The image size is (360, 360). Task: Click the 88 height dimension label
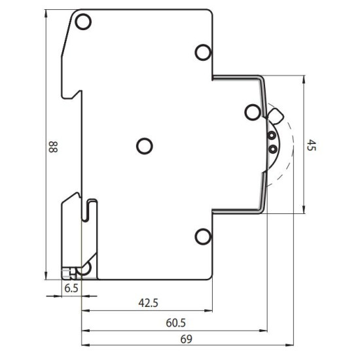(x=53, y=147)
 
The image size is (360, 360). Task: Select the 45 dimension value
(x=312, y=145)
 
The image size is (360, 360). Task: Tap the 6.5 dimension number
(x=71, y=289)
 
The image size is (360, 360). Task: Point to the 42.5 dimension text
(x=149, y=303)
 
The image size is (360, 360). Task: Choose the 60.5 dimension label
(x=176, y=323)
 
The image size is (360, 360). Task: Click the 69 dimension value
(x=186, y=339)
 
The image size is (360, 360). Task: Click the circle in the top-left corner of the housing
(x=83, y=22)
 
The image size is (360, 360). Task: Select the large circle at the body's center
(x=145, y=146)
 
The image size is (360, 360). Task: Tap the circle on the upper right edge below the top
(x=203, y=52)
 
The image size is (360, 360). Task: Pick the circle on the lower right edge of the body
(x=203, y=236)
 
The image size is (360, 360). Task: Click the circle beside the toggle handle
(x=253, y=113)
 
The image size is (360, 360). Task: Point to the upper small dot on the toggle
(x=272, y=135)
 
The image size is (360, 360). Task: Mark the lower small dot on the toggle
(x=273, y=149)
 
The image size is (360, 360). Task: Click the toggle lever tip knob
(x=276, y=116)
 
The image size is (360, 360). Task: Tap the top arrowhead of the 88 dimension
(x=46, y=13)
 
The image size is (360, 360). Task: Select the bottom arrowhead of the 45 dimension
(x=304, y=209)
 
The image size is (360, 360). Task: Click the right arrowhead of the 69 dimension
(x=289, y=345)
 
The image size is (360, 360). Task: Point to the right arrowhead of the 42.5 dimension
(x=208, y=311)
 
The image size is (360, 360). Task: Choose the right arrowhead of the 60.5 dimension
(x=263, y=331)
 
